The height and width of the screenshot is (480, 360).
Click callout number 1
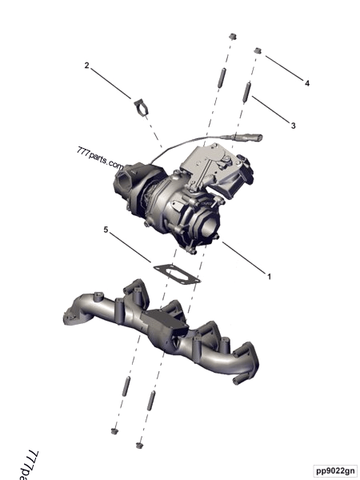pos(270,276)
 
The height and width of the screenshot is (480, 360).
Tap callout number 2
pos(86,66)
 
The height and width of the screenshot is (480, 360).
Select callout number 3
pos(293,126)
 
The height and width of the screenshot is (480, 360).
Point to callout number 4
pos(306,82)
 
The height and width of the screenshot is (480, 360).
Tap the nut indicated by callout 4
pos(258,52)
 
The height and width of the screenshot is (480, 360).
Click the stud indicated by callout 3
pos(248,90)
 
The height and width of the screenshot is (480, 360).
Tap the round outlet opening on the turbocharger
pos(206,231)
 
